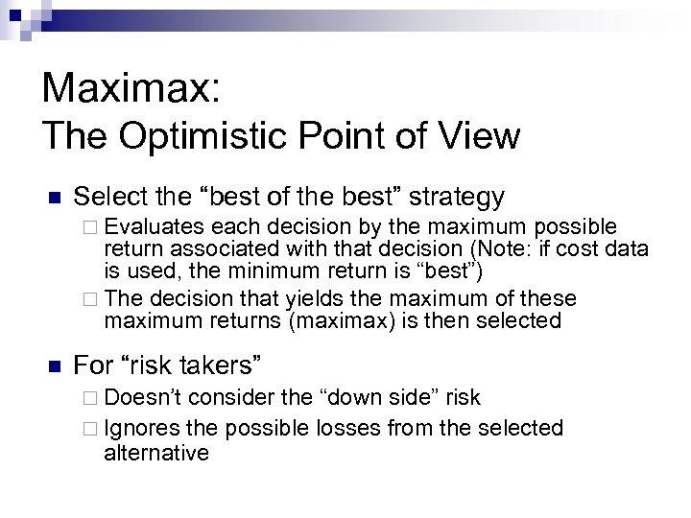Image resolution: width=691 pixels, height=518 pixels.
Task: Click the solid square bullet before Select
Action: point(54,199)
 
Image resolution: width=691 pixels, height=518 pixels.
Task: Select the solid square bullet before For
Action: point(54,365)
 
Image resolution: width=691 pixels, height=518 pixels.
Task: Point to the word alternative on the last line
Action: point(155,452)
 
